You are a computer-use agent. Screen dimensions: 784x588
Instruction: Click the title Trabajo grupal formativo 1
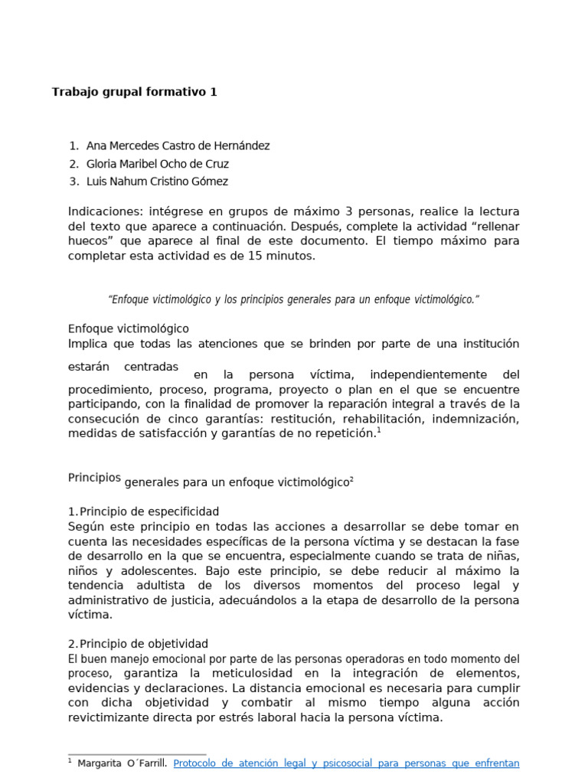point(134,92)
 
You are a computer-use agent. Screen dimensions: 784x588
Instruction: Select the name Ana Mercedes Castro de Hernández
point(178,145)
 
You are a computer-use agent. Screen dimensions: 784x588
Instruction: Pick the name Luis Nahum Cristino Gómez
point(157,181)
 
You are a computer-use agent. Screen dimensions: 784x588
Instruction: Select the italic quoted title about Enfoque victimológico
point(293,299)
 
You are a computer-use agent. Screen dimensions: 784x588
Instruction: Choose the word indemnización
point(476,419)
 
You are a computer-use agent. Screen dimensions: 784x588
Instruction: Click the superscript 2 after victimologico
point(351,479)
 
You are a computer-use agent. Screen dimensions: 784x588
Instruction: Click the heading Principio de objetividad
point(144,644)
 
